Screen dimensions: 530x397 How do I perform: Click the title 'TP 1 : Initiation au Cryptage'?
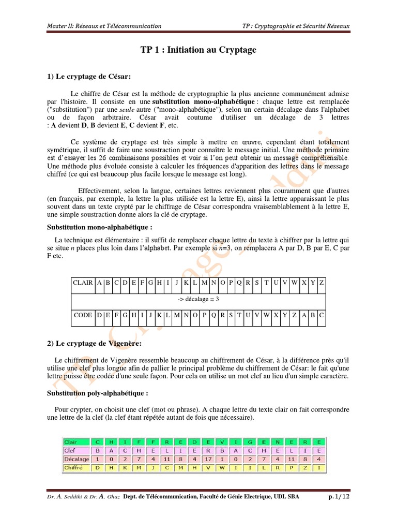click(198, 50)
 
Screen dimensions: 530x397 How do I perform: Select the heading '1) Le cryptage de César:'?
click(89, 77)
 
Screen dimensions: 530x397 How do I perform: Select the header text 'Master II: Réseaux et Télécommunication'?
click(104, 26)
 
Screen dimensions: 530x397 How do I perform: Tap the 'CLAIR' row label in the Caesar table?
click(83, 283)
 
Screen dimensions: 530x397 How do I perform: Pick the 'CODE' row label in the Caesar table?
click(83, 315)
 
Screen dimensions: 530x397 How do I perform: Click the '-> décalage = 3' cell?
click(198, 299)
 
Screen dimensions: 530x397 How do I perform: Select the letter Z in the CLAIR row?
click(322, 283)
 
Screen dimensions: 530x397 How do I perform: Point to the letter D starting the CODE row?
click(100, 315)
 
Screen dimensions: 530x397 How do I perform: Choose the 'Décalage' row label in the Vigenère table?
click(77, 459)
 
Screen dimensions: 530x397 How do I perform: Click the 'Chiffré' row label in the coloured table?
click(74, 467)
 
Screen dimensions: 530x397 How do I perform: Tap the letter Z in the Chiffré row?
click(304, 467)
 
